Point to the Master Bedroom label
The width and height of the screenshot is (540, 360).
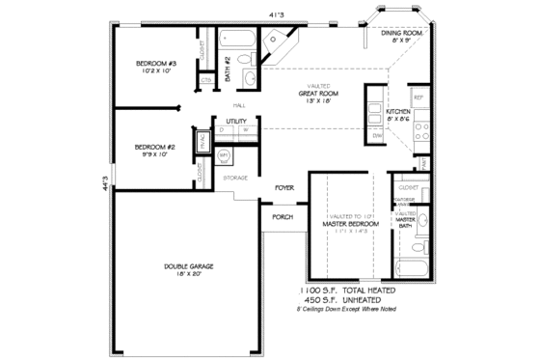(x=349, y=224)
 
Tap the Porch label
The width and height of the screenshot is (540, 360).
(x=283, y=217)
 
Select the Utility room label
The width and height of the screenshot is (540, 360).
(x=236, y=121)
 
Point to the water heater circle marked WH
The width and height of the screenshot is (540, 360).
(x=224, y=154)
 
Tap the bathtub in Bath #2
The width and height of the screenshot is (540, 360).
(x=235, y=41)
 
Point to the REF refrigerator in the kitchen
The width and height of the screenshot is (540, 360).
(x=418, y=98)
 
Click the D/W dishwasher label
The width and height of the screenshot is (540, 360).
(x=377, y=136)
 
